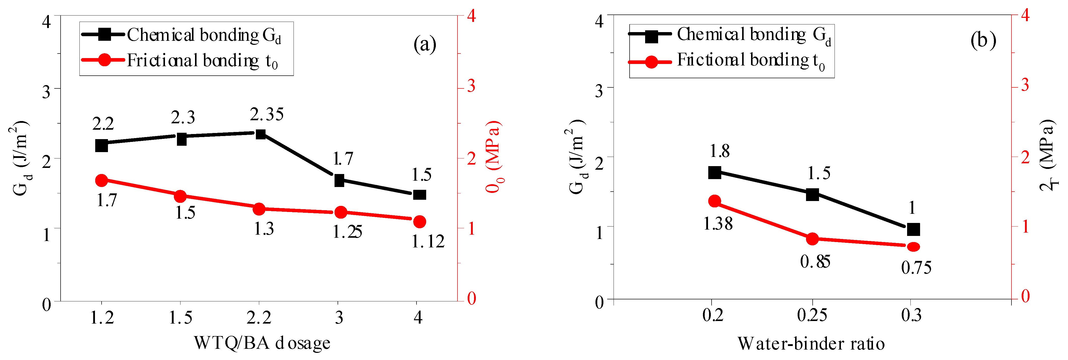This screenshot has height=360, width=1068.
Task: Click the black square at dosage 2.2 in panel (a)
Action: click(260, 134)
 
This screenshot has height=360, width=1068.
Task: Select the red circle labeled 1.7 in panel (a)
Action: click(102, 180)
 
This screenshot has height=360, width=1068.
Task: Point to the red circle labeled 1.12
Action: click(420, 221)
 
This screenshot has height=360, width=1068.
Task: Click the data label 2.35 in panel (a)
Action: click(267, 114)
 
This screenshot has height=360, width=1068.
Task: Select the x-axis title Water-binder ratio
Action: click(811, 344)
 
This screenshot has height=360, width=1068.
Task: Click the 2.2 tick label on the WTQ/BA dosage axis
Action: click(259, 318)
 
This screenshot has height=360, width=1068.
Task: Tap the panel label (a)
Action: click(425, 44)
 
